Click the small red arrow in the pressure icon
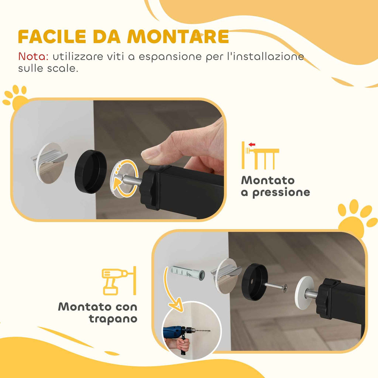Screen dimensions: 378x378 coord(252,144)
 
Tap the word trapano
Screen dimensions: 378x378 coord(113,319)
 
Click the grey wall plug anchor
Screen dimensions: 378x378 coord(186,273)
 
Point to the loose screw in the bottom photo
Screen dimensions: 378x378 coord(275,286)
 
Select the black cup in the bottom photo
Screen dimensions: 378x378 coord(254,282)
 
